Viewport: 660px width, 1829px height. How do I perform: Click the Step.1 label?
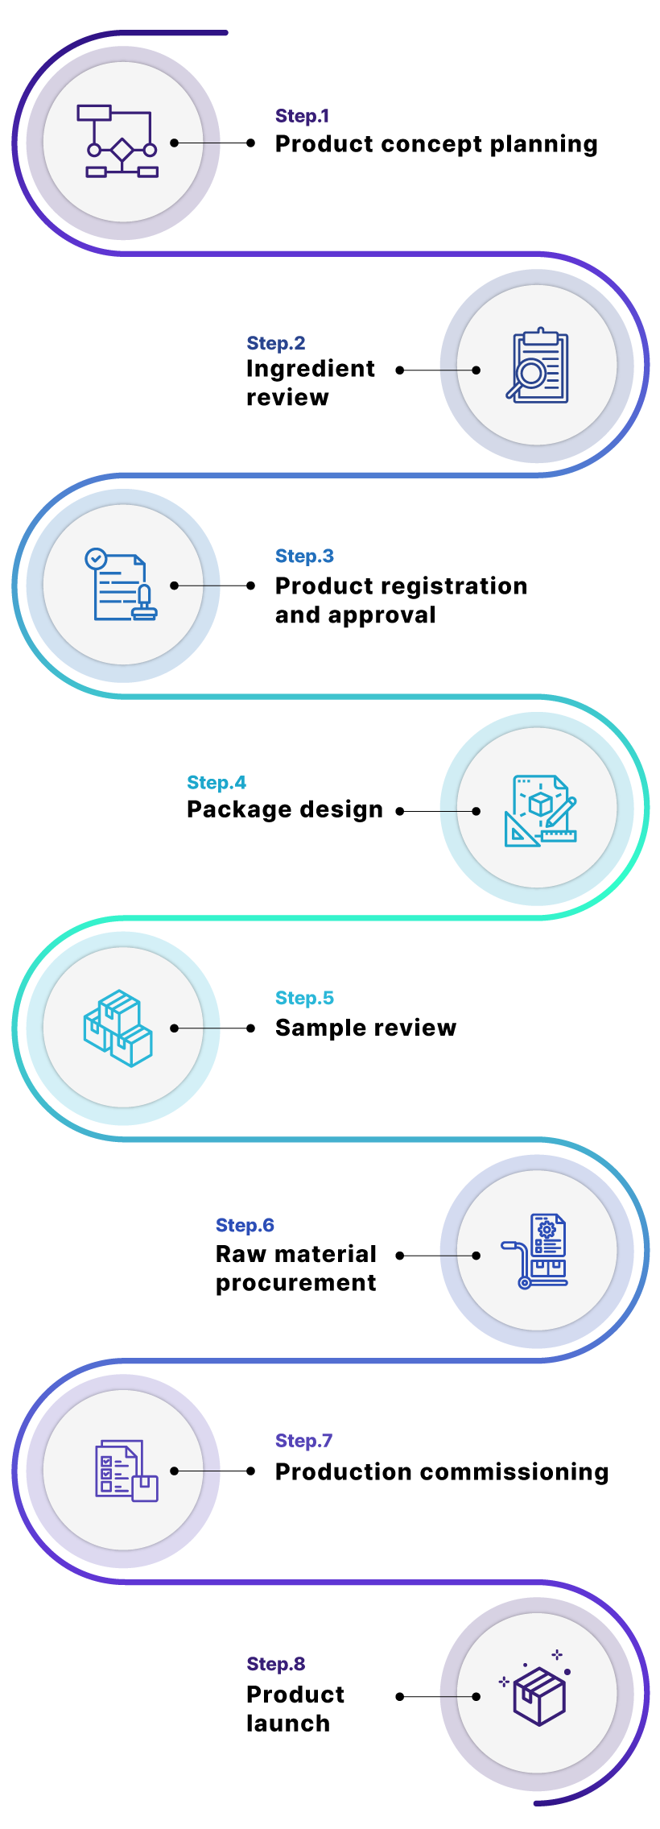[x=302, y=116]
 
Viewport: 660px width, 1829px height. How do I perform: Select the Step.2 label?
[x=275, y=343]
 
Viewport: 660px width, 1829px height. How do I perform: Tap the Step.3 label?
[x=303, y=556]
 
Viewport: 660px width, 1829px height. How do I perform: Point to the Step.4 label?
[x=216, y=783]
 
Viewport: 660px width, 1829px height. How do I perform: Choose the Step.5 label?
[x=303, y=998]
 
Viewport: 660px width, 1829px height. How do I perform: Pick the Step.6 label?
[x=245, y=1225]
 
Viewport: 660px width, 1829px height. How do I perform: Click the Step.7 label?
[x=303, y=1440]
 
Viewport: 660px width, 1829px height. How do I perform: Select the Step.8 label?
[x=275, y=1664]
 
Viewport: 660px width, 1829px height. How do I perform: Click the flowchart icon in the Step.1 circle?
[x=122, y=141]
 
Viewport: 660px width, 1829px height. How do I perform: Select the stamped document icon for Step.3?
[x=122, y=586]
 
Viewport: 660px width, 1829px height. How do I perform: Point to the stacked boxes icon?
[x=118, y=1028]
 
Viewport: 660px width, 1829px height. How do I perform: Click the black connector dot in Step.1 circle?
[x=174, y=143]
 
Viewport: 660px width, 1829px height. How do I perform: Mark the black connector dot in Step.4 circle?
[x=476, y=811]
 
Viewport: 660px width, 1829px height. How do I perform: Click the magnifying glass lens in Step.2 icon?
[x=530, y=373]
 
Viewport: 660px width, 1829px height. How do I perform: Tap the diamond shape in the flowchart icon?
[x=122, y=150]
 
